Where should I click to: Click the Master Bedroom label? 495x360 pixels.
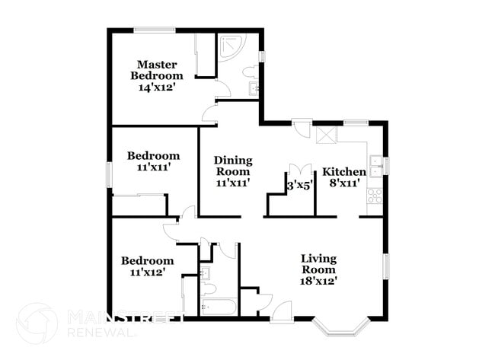tap(157, 70)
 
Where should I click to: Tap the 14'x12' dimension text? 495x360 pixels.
tap(157, 88)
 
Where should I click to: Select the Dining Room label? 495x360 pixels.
tap(233, 166)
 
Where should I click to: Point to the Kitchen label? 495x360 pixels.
tap(344, 172)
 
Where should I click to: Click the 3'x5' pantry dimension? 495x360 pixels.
tap(299, 186)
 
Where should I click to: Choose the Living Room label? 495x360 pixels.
tap(318, 264)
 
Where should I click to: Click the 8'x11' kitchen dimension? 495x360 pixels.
tap(344, 183)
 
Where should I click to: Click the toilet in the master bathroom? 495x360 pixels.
tap(251, 72)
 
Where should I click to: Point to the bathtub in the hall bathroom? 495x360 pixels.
tap(219, 307)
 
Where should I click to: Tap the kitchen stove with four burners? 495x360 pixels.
tap(375, 196)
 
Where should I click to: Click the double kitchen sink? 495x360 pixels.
tap(375, 166)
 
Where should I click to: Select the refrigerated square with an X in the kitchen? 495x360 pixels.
tap(327, 135)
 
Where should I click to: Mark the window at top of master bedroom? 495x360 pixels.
tap(155, 30)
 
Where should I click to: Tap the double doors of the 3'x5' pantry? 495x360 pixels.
tap(300, 169)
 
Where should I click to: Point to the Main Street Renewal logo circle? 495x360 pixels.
tap(37, 323)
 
